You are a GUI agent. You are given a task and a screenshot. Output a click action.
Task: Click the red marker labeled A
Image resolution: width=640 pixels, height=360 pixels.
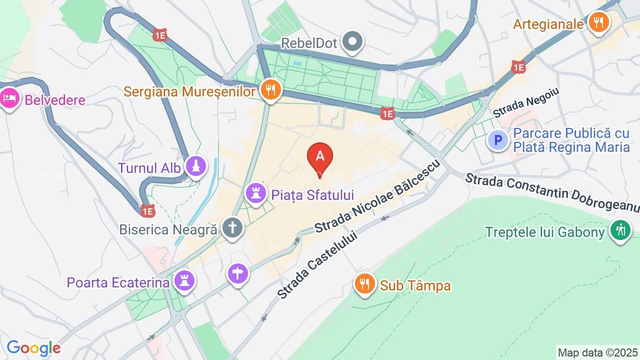click(x=320, y=156)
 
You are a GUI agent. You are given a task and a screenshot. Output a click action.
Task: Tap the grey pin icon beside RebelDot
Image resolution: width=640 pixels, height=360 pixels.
click(x=352, y=42)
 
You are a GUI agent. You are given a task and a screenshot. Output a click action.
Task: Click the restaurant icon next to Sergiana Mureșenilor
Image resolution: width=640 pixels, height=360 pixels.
click(x=270, y=91)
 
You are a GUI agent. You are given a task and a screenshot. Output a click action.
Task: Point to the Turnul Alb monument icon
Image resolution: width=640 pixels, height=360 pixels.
click(x=196, y=167)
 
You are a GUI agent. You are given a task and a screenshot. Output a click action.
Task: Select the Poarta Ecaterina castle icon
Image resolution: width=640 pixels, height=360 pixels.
click(x=185, y=282)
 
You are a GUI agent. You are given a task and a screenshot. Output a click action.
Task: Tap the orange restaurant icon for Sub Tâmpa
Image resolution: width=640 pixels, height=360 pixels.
click(x=365, y=285)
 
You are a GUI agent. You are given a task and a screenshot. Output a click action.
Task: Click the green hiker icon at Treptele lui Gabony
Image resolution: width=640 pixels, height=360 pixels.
click(x=620, y=232)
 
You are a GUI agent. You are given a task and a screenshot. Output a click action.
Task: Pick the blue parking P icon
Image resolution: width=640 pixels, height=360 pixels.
click(x=498, y=140)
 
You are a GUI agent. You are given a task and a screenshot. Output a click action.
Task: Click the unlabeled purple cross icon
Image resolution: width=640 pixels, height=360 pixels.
click(x=238, y=274)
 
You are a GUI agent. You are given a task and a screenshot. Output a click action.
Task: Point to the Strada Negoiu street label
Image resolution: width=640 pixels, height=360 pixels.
click(x=526, y=103)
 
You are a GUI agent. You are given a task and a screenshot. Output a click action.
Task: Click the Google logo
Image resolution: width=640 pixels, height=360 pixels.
click(x=33, y=348)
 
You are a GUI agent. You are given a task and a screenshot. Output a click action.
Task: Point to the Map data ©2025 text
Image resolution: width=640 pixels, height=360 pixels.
click(x=597, y=353)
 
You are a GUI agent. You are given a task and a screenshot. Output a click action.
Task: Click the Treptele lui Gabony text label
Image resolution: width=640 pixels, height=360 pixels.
click(x=545, y=232)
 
